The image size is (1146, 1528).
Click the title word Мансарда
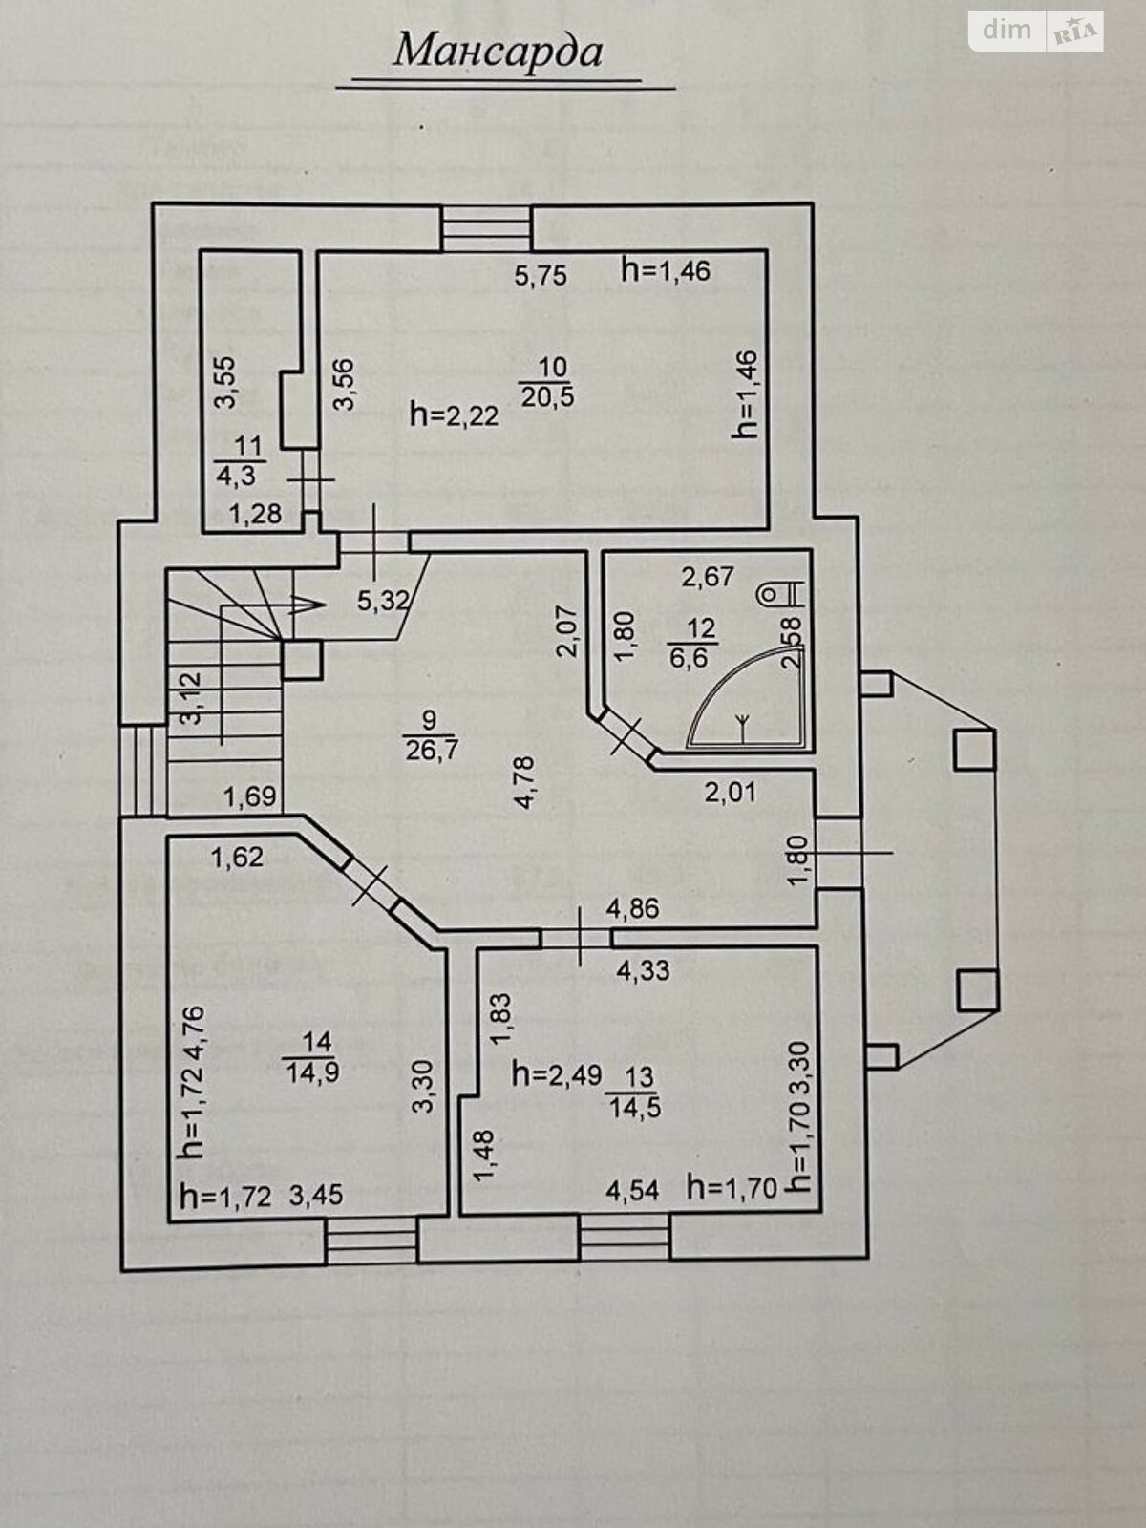tap(498, 53)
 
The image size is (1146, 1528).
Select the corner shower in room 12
tap(746, 696)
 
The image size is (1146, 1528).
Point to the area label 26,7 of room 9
tap(431, 751)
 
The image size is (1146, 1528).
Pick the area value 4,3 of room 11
tap(237, 476)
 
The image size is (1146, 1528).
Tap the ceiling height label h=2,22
tap(455, 415)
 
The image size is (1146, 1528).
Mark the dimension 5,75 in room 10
tap(541, 276)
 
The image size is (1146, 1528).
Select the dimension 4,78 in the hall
tap(524, 782)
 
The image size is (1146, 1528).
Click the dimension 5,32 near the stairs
tap(383, 600)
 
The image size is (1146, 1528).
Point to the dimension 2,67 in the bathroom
tap(708, 577)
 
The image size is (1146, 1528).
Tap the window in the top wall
tap(486, 226)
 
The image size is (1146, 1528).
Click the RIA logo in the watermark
tap(1075, 32)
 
